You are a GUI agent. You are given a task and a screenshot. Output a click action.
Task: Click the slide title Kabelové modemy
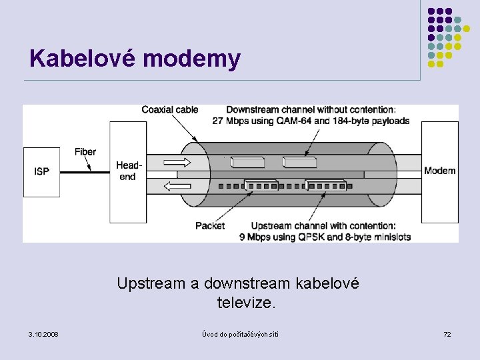pyautogui.click(x=135, y=59)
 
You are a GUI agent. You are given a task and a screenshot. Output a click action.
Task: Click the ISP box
pyautogui.click(x=41, y=171)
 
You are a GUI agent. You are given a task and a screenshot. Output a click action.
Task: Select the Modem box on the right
pyautogui.click(x=439, y=171)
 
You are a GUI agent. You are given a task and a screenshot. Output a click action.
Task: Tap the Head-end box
pyautogui.click(x=128, y=171)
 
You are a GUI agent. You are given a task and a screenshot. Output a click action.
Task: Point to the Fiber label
pyautogui.click(x=85, y=152)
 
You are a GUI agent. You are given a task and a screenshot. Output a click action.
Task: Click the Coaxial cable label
pyautogui.click(x=169, y=110)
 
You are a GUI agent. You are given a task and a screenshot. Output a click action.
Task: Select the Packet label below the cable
pyautogui.click(x=210, y=226)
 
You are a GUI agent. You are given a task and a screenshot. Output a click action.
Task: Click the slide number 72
pyautogui.click(x=447, y=333)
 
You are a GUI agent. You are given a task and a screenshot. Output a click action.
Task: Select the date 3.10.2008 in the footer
pyautogui.click(x=43, y=333)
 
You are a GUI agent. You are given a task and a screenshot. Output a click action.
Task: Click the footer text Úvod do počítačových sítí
pyautogui.click(x=240, y=333)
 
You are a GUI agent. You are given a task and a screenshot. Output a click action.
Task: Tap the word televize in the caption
pyautogui.click(x=244, y=303)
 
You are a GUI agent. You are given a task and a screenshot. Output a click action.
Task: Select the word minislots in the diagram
pyautogui.click(x=390, y=237)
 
